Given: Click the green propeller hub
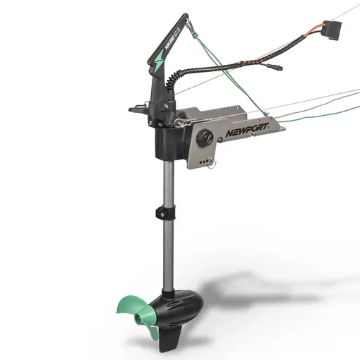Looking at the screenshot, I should click(140, 305).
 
